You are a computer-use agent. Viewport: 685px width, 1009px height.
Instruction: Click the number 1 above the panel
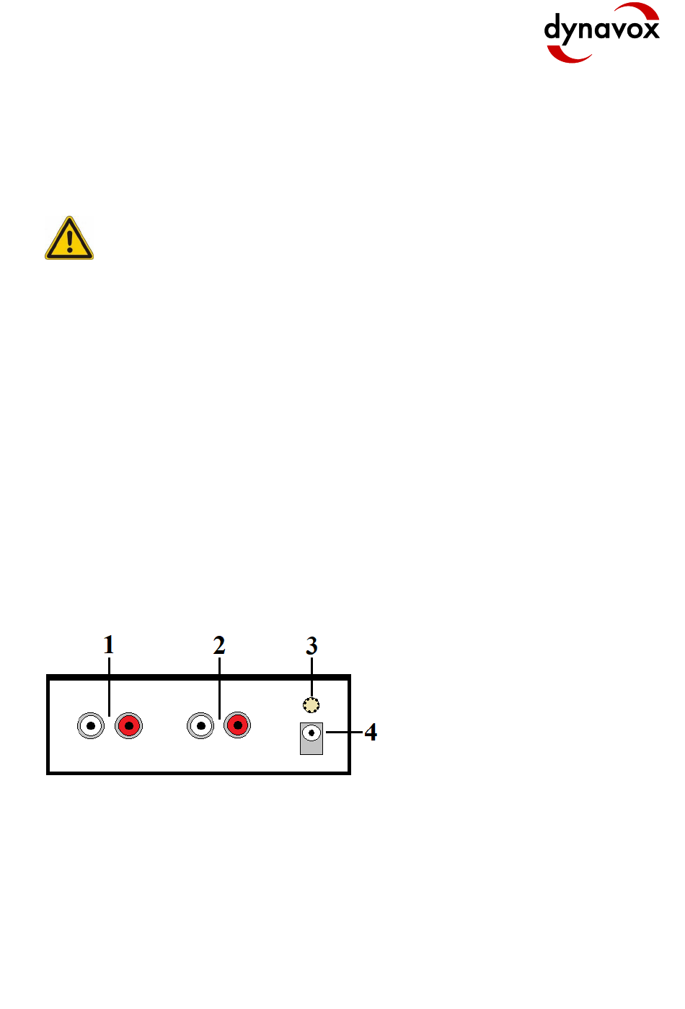point(109,645)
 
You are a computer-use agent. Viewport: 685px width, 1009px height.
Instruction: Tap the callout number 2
point(219,645)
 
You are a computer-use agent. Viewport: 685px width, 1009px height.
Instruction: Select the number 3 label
point(311,646)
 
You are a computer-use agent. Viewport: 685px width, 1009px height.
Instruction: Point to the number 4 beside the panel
point(371,733)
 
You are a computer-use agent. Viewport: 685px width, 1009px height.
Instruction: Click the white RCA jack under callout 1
point(91,725)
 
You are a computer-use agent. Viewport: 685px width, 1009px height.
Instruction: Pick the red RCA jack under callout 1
point(129,725)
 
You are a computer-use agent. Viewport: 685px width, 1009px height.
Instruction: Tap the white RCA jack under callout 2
point(200,725)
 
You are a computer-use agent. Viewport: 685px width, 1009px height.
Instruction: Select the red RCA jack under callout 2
point(237,725)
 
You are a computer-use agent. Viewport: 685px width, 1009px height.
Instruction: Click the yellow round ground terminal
point(311,705)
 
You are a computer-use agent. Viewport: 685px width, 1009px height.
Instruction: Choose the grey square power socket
point(311,739)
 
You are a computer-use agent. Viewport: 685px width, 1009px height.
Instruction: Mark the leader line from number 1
point(109,686)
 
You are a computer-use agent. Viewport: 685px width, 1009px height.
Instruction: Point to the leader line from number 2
point(219,686)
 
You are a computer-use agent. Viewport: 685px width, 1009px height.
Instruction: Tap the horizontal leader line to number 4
point(344,733)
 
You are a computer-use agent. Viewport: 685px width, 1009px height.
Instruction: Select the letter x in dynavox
point(650,30)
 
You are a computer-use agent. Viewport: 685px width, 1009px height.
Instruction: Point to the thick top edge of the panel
point(198,678)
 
